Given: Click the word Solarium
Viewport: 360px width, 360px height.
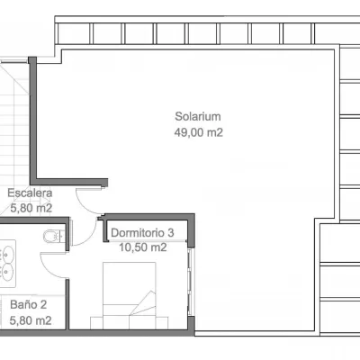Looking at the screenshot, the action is point(198,116).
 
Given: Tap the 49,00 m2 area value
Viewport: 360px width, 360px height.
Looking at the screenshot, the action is point(199,132).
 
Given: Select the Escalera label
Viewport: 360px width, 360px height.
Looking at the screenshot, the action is point(30,193).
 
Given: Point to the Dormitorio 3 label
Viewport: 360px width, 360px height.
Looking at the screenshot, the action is point(142,233).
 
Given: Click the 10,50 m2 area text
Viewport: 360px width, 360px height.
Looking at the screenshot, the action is point(143,247).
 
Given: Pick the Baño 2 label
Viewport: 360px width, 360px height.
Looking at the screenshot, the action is point(29,305).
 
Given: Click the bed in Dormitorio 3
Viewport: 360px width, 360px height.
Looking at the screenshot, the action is point(130,295).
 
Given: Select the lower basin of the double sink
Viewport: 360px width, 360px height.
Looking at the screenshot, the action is point(8,270).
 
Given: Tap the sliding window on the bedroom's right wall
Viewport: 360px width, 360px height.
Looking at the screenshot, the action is point(190,282).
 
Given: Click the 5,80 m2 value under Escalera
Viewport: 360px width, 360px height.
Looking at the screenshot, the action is point(31,208).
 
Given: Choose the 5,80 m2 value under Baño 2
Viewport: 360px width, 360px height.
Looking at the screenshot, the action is point(31,320).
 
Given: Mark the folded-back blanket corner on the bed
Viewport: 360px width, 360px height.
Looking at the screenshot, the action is point(143,303).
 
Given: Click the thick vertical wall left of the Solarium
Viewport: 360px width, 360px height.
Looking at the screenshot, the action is point(32,120).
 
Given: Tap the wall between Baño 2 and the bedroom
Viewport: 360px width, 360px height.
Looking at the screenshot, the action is point(67,304).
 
